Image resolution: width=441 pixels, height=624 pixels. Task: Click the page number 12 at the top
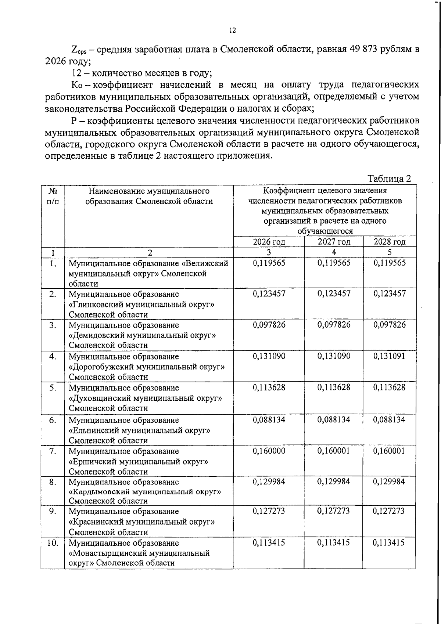click(x=232, y=30)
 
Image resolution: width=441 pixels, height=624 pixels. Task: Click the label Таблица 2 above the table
click(x=389, y=179)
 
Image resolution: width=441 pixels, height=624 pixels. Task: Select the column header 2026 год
click(x=269, y=242)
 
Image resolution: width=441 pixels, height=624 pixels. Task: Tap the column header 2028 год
click(x=390, y=242)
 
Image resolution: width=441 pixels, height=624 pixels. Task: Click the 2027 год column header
click(x=334, y=242)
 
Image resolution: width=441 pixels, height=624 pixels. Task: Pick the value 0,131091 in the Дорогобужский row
click(x=390, y=356)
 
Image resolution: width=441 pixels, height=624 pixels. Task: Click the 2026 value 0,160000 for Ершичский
click(x=269, y=451)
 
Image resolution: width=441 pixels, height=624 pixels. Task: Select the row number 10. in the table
click(x=53, y=542)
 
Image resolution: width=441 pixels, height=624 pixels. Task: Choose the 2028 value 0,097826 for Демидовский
click(x=390, y=325)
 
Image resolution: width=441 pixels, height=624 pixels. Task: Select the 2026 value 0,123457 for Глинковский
click(x=269, y=293)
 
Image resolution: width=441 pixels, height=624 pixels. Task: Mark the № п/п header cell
click(x=53, y=196)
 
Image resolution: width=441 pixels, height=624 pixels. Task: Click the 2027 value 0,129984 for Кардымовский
click(x=334, y=481)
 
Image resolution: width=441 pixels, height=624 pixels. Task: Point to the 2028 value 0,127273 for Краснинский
click(x=390, y=511)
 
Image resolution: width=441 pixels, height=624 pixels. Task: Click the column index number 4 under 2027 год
click(x=334, y=252)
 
